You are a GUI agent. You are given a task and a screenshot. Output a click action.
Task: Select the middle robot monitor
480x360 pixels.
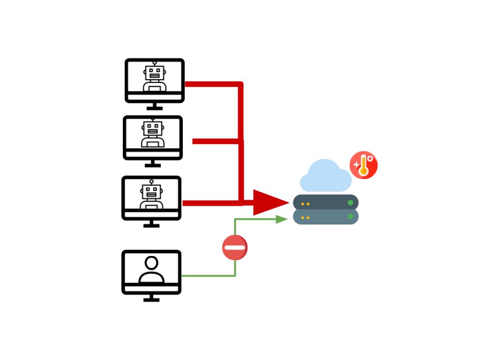click(153, 138)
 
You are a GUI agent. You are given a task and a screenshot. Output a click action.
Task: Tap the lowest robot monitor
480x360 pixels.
click(151, 198)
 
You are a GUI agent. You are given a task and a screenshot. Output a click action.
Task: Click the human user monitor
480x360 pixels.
click(151, 272)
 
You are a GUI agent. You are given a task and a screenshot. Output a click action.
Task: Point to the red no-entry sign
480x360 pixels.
click(235, 247)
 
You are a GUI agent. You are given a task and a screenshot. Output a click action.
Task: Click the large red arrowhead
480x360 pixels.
click(269, 202)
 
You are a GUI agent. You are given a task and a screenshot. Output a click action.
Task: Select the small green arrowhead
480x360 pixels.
click(282, 219)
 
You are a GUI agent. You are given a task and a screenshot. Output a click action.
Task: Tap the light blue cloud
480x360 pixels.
click(325, 176)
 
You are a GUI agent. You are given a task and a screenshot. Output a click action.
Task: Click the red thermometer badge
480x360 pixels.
click(364, 165)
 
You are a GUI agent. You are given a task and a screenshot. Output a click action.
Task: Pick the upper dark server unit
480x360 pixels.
click(326, 202)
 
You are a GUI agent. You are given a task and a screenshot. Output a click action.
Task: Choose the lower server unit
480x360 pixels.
click(326, 217)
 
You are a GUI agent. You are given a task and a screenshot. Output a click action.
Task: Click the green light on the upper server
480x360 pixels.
click(350, 202)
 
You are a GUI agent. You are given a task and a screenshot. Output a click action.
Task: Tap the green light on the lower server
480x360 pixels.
click(350, 217)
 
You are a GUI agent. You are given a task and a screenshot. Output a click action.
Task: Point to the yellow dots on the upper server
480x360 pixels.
click(305, 204)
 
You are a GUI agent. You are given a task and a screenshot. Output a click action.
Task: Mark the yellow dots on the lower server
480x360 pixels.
click(305, 217)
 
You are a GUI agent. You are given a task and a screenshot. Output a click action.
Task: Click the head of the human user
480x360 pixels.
click(151, 262)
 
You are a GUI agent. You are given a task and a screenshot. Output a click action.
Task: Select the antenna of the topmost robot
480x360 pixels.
click(154, 63)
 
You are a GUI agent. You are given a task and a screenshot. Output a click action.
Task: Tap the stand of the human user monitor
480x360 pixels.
click(151, 298)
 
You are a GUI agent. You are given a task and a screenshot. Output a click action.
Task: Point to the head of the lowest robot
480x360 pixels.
click(151, 191)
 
